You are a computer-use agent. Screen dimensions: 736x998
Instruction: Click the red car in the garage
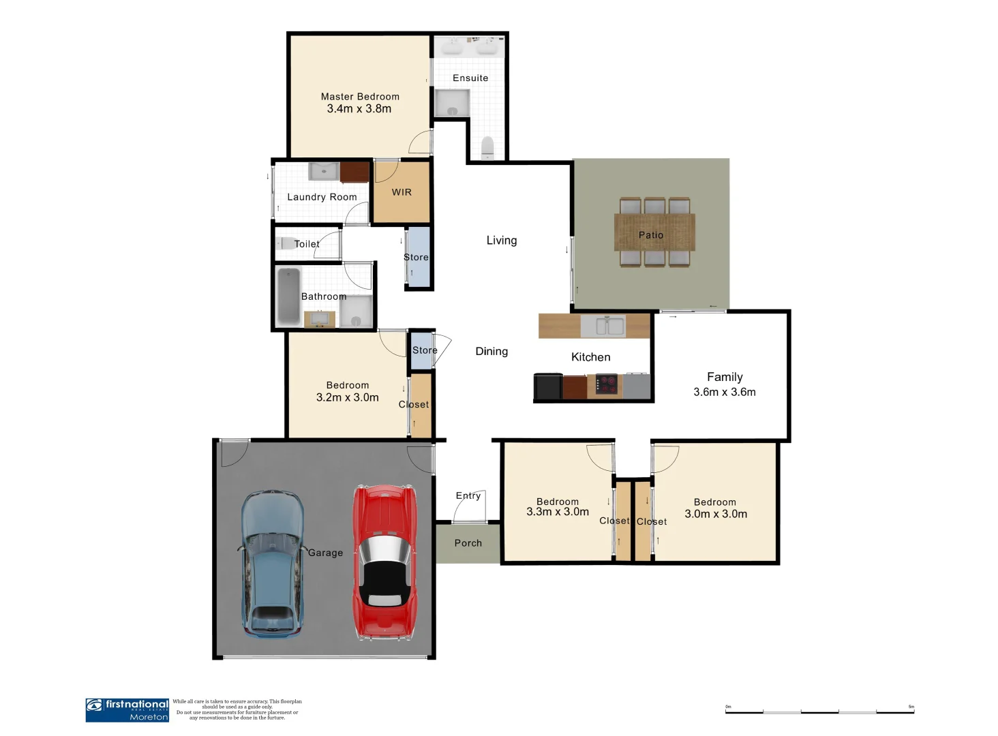pos(384,562)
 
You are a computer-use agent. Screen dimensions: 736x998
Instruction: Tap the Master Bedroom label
pos(360,97)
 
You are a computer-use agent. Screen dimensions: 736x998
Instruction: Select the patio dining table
pos(654,232)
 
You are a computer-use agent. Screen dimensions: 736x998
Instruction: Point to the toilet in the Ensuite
pos(487,147)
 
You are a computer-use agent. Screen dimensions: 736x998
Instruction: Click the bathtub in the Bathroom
pos(289,296)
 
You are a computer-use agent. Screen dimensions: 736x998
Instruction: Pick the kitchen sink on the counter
pos(610,326)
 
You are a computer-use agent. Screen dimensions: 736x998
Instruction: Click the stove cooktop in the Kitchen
pos(605,384)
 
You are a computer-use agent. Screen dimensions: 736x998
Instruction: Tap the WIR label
pos(402,192)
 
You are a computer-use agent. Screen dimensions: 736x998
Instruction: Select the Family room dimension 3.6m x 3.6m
pos(724,392)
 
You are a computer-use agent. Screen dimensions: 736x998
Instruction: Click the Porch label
pos(468,543)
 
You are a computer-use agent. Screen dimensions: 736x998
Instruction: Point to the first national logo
pos(127,709)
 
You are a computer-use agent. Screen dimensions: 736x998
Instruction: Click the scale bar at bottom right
pos(819,711)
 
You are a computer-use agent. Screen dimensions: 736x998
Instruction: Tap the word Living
pos(502,241)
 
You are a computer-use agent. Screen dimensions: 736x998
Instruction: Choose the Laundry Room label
pos(322,197)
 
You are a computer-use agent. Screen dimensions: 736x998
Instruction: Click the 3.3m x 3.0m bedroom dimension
pos(558,512)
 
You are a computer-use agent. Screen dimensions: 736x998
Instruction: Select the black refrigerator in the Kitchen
pos(548,386)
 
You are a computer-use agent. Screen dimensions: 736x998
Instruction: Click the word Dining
pos(492,352)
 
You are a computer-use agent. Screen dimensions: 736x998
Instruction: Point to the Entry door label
pos(468,495)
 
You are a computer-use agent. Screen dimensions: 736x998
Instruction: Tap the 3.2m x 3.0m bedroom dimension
pos(347,397)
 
